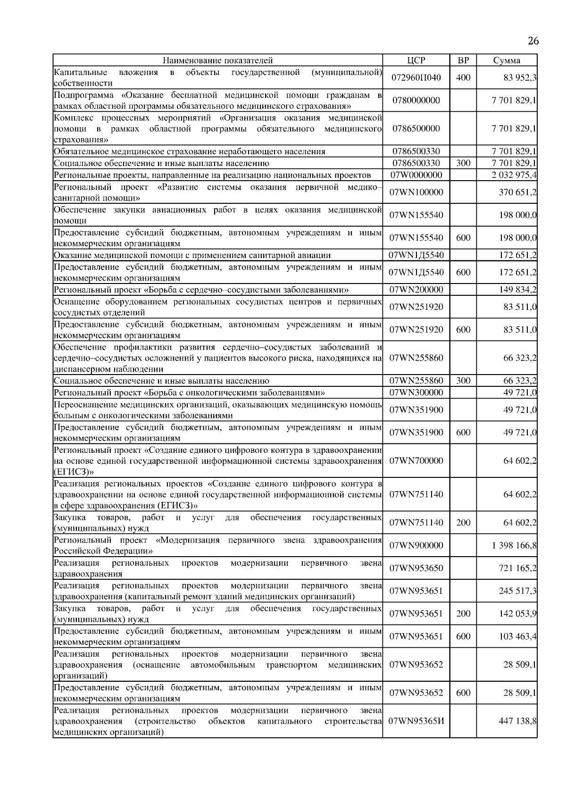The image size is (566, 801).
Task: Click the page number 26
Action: pyautogui.click(x=533, y=41)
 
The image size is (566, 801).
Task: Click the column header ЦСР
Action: pyautogui.click(x=416, y=60)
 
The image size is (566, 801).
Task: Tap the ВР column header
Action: pyautogui.click(x=463, y=60)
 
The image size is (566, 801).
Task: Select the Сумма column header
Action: pyautogui.click(x=507, y=60)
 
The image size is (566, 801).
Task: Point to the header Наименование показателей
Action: pyautogui.click(x=217, y=60)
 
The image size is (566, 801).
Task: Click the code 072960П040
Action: pyautogui.click(x=416, y=78)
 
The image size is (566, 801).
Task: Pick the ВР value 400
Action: pyautogui.click(x=463, y=78)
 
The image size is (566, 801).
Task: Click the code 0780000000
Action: pyautogui.click(x=416, y=100)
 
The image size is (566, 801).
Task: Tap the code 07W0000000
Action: pyautogui.click(x=416, y=175)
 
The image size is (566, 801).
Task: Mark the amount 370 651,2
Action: pyautogui.click(x=517, y=192)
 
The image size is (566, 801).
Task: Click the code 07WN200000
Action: pyautogui.click(x=416, y=290)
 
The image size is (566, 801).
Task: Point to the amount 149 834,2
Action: pyautogui.click(x=517, y=290)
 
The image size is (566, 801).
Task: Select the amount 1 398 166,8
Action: pyautogui.click(x=514, y=546)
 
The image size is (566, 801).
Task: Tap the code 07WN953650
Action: pyautogui.click(x=416, y=568)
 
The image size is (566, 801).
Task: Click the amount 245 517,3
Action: pyautogui.click(x=517, y=591)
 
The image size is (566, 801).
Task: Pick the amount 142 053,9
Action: pyautogui.click(x=517, y=614)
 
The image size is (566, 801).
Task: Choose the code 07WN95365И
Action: pyautogui.click(x=416, y=721)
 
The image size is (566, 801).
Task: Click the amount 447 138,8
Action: pyautogui.click(x=517, y=721)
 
